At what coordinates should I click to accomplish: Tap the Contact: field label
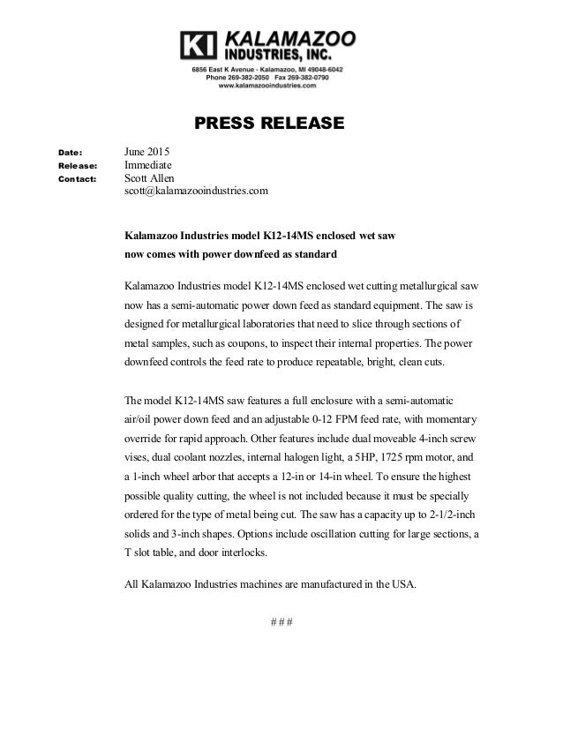(77, 179)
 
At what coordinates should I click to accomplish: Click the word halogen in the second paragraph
(329, 458)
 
